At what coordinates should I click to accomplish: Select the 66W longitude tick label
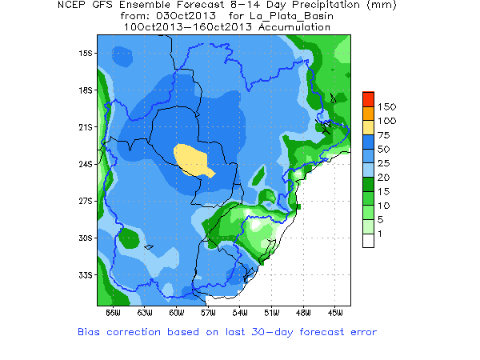(113, 312)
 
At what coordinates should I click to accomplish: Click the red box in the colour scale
(368, 98)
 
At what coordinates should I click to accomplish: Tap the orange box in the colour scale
(368, 111)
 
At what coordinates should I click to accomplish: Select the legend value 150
(387, 106)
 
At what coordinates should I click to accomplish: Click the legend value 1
(381, 233)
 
